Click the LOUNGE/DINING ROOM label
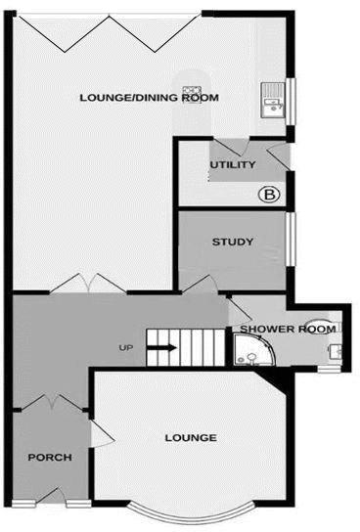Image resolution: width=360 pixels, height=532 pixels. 150,98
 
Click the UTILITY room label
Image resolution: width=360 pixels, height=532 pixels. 233,164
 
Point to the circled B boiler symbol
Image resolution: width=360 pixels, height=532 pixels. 270,195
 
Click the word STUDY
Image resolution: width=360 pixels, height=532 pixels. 233,242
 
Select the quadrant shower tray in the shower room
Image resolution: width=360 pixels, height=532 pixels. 247,351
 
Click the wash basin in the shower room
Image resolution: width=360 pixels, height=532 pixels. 335,349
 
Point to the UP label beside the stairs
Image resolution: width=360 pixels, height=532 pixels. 126,348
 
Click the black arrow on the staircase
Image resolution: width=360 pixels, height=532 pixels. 162,346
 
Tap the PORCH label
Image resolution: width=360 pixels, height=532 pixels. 48,458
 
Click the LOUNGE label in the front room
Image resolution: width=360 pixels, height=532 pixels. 192,437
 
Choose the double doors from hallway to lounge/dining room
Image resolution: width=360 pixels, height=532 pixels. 88,284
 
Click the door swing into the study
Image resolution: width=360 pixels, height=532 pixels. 201,283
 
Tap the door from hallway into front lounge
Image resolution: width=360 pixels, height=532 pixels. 97,433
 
